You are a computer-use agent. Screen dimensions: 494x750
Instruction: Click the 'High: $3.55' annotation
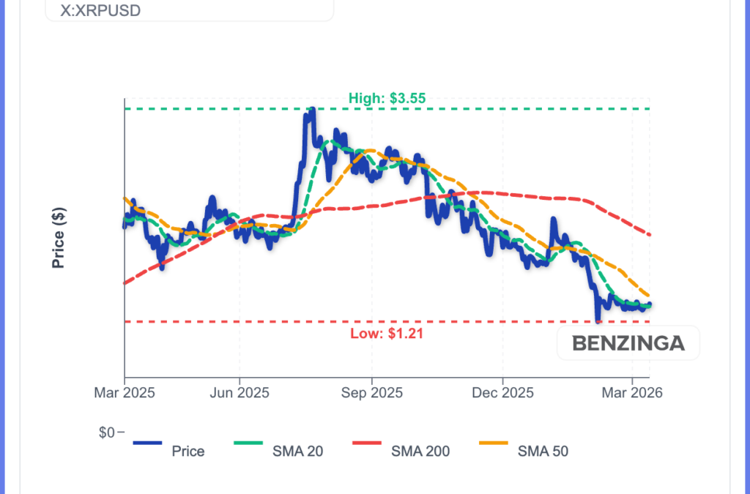point(387,98)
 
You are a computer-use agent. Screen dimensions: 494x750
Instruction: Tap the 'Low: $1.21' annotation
point(387,334)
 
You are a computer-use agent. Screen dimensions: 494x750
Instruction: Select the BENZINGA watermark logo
point(628,343)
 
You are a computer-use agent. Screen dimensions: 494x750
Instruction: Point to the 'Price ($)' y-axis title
point(59,238)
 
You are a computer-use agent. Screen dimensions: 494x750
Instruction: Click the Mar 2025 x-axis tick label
point(124,393)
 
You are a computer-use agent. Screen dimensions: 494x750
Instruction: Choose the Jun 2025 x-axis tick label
point(240,393)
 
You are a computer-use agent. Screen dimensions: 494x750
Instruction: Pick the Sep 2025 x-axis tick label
point(371,393)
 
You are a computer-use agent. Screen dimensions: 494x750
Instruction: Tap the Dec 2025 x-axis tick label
point(503,393)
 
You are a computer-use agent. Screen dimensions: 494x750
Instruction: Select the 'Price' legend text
point(188,452)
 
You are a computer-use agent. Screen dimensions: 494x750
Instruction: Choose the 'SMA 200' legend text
point(420,452)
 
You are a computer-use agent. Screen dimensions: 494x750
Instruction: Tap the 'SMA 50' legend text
point(543,452)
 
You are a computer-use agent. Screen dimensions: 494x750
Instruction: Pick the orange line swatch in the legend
point(502,442)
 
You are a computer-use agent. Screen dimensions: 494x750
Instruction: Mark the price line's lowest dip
point(598,320)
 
